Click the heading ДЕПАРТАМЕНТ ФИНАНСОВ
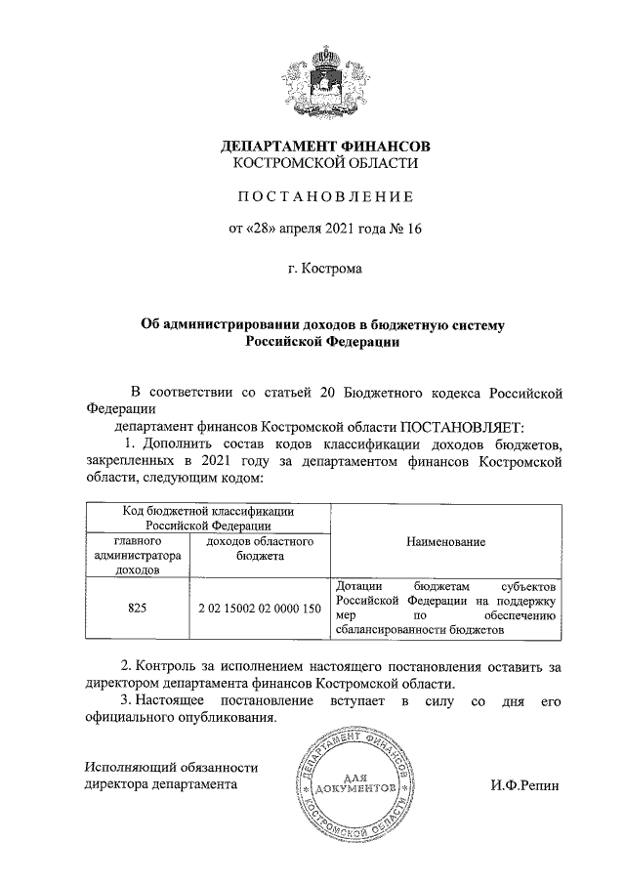coord(324,146)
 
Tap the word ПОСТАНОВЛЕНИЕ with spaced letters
coord(324,197)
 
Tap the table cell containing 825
coord(137,607)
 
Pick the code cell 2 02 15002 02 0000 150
coord(259,607)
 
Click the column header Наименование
coord(447,540)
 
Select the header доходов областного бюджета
coord(259,548)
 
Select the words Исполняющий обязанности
coord(171,767)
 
